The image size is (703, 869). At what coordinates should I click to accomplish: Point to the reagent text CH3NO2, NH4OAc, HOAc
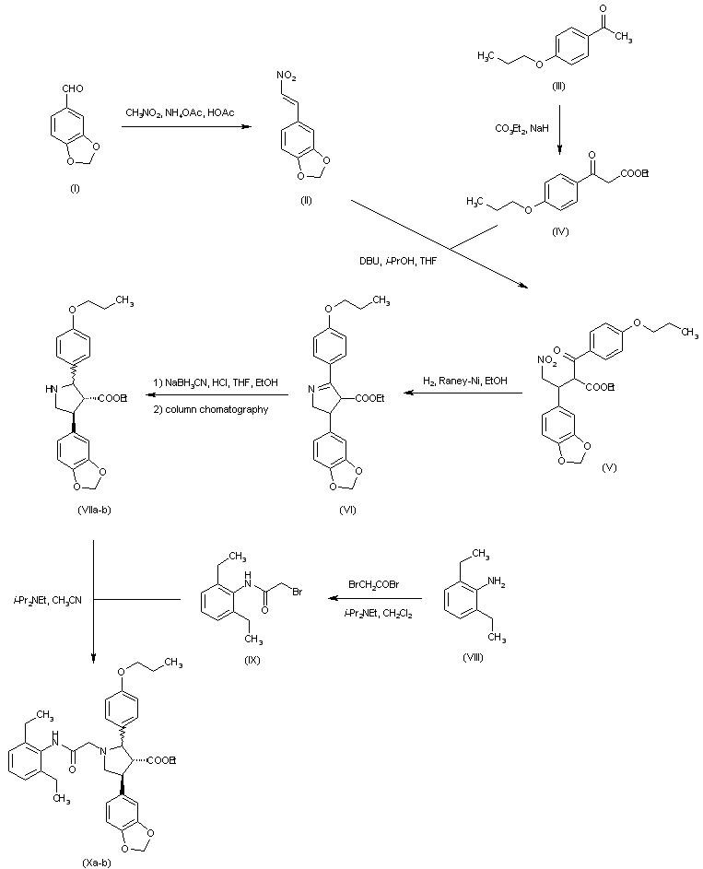click(x=180, y=112)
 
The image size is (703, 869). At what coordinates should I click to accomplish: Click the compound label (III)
click(x=558, y=85)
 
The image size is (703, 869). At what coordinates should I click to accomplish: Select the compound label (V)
click(x=609, y=468)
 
